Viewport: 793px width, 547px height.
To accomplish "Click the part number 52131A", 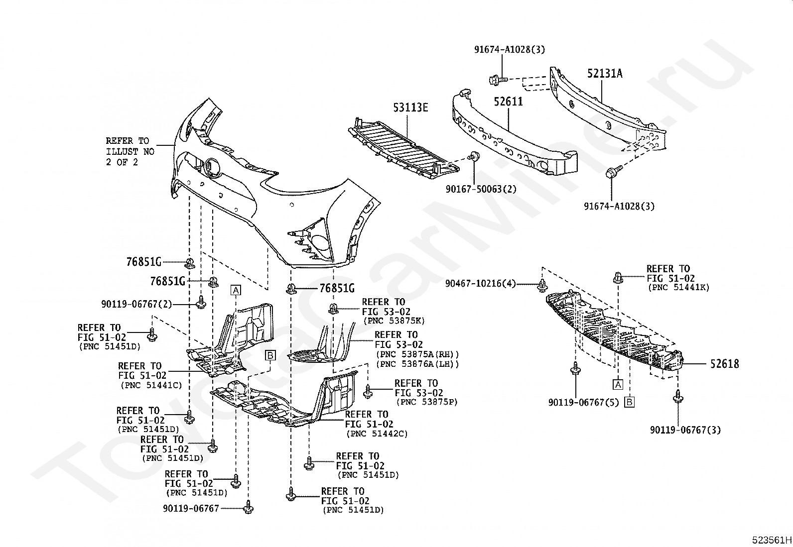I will pos(605,74).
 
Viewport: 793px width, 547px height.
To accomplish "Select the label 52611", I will pos(508,102).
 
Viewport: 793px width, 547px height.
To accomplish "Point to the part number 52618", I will pos(725,364).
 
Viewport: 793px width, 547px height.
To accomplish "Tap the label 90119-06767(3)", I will pos(685,430).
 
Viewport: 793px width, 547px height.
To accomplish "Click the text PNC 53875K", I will pos(394,321).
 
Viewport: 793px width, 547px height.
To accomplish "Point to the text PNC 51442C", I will pos(377,434).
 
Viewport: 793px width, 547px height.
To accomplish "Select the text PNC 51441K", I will pos(678,287).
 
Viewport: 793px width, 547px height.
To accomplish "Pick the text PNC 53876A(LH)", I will pos(418,364).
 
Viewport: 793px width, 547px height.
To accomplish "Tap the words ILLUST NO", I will pos(130,151).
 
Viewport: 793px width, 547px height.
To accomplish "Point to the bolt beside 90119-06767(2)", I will pos(201,302).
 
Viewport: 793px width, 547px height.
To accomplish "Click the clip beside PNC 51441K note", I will pos(618,277).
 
